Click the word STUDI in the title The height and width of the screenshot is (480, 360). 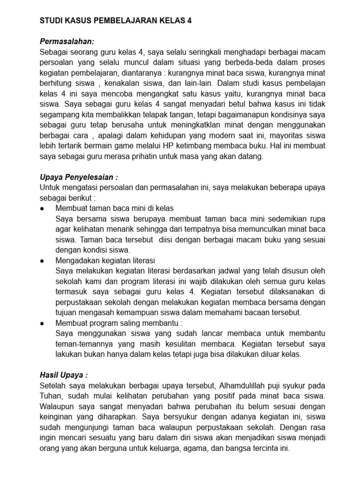pos(52,21)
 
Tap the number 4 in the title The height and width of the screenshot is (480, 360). pos(189,21)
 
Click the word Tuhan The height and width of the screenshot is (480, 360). pos(52,396)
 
